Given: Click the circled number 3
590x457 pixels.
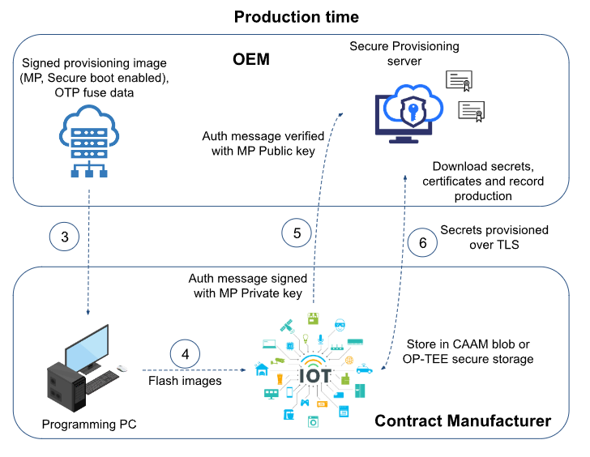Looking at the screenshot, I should (65, 237).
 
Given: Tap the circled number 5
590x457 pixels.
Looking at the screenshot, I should (297, 233).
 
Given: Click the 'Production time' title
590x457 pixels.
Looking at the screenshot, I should (296, 16).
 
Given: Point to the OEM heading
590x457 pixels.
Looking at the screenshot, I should (251, 60).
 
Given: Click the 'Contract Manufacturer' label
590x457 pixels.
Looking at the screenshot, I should (463, 421).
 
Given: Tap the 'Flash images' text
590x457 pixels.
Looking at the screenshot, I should (185, 380).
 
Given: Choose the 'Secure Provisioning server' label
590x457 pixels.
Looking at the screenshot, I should (404, 53).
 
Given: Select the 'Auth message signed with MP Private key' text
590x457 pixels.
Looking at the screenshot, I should (246, 285).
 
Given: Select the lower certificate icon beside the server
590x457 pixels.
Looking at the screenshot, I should (472, 111).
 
